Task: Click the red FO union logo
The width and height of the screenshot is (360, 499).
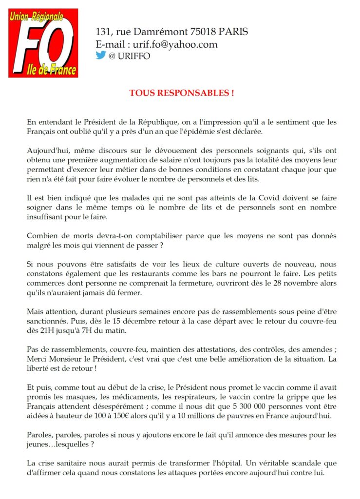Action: pos(43,43)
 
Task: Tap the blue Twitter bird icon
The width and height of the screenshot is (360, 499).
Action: pos(100,55)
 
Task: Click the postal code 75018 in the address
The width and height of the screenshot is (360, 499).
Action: pos(200,32)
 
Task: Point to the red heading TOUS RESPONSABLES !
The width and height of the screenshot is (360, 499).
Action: pos(181,93)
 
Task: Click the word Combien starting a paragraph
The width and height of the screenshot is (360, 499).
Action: pos(42,236)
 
